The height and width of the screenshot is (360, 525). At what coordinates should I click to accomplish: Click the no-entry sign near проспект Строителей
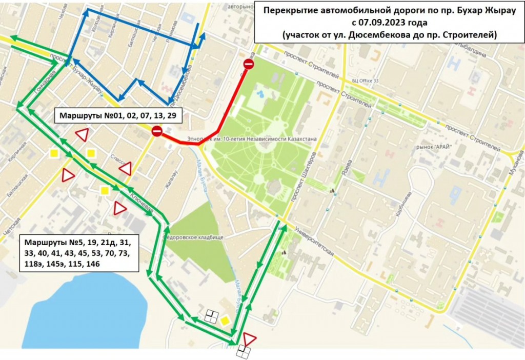click(x=248, y=64)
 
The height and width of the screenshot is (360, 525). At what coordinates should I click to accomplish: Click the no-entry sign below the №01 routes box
click(x=157, y=132)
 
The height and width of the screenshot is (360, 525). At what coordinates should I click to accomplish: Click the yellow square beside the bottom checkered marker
click(x=225, y=321)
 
